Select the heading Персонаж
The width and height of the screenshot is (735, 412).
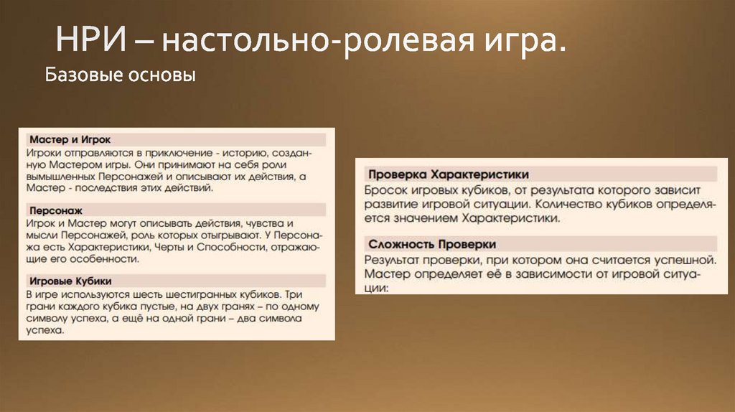point(55,212)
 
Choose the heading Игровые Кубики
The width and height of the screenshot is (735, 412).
point(69,281)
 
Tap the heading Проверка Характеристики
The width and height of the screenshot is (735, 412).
point(448,174)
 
